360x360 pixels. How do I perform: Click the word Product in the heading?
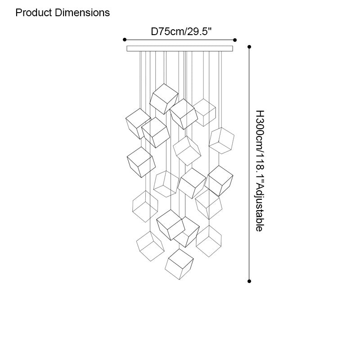(x=33, y=13)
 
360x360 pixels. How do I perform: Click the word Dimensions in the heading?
(x=82, y=13)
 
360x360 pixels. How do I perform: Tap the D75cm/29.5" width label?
(x=181, y=31)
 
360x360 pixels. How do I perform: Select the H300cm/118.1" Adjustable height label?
(x=260, y=171)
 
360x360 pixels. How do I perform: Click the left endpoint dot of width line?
(x=125, y=40)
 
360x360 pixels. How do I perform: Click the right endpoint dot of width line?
(x=235, y=40)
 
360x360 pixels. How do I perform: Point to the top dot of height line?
(x=249, y=47)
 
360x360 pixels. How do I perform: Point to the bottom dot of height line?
(x=249, y=281)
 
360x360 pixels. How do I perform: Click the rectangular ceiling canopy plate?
(x=180, y=49)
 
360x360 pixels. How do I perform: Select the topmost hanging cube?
(x=164, y=99)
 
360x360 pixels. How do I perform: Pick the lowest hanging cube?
(x=179, y=264)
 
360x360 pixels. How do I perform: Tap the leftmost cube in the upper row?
(x=138, y=123)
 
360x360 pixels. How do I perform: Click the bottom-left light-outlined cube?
(x=150, y=246)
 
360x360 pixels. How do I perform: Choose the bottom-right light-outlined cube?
(x=209, y=241)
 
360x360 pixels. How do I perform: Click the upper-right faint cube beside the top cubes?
(x=204, y=112)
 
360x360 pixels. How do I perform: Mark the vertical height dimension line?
(x=249, y=164)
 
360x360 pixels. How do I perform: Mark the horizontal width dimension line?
(x=180, y=40)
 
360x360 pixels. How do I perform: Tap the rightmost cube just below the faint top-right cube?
(x=221, y=140)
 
